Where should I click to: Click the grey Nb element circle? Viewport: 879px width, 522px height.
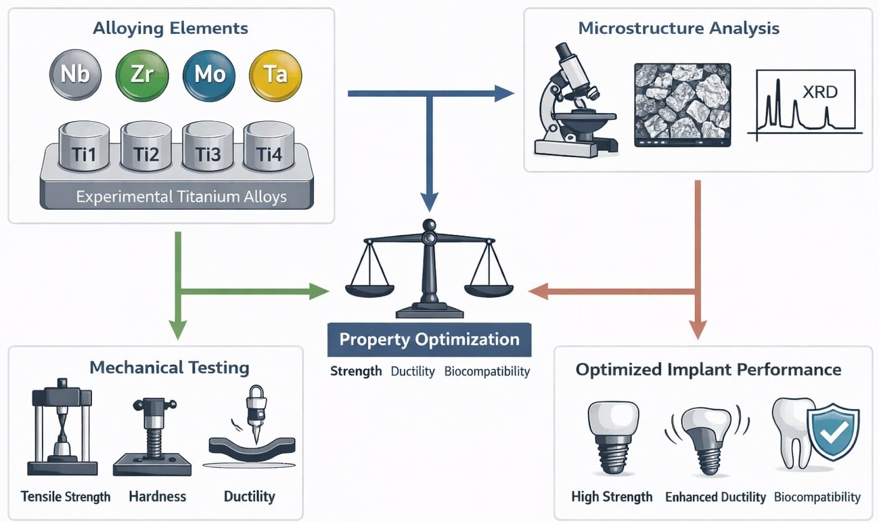[x=75, y=74]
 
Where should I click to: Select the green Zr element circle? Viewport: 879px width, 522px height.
[x=142, y=74]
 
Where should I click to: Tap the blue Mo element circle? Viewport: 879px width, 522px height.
[x=209, y=74]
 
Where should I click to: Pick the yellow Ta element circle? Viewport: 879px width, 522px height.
[x=275, y=74]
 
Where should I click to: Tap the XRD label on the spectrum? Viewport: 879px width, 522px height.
[x=819, y=92]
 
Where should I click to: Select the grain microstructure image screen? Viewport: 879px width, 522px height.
[x=682, y=104]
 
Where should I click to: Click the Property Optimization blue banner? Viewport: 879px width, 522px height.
[x=429, y=339]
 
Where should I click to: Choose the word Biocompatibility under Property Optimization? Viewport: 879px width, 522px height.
[x=487, y=372]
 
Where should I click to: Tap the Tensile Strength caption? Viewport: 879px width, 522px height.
[x=66, y=497]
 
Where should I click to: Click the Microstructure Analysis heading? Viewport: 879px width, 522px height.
[x=678, y=28]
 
